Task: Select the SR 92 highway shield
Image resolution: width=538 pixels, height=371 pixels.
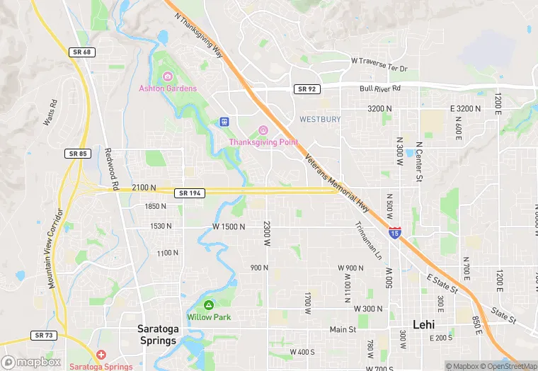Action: pos(306,89)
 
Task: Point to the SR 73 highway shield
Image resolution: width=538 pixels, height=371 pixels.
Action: pos(43,335)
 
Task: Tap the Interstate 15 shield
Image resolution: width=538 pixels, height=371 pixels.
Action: pos(394,232)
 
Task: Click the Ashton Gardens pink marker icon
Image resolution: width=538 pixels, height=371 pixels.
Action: pos(168,76)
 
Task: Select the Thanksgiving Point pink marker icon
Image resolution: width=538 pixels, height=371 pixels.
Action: pos(263,130)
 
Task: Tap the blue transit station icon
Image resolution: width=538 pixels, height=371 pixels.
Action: pos(224,122)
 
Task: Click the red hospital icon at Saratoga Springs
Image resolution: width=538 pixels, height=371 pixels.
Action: pos(101,354)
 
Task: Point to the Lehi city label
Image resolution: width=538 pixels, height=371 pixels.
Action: pos(423,325)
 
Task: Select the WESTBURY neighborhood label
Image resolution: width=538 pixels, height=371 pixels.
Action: pos(319,119)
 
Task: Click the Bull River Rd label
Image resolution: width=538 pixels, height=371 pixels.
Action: pos(380,89)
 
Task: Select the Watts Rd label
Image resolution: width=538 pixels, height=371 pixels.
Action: pos(49,113)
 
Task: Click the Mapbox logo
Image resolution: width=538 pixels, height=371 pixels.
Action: pos(32,362)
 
